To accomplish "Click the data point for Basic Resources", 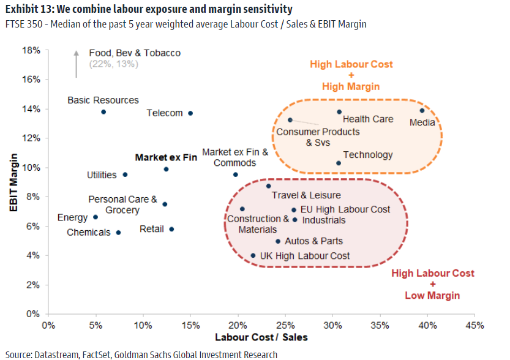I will (103, 112).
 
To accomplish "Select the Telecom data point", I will (190, 113).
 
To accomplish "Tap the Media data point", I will (422, 111).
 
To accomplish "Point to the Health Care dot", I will (339, 112).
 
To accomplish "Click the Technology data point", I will (339, 163).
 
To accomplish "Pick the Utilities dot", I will (125, 174).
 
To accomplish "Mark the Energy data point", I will (96, 217).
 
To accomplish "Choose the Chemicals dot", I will (118, 233).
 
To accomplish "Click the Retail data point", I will (171, 229).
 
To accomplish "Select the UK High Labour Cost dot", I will (253, 256).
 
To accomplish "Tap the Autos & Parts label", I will (313, 241).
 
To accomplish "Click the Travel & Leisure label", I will (306, 195).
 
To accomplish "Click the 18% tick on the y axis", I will (32, 50).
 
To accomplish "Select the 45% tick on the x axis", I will (474, 325).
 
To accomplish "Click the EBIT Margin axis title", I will (13, 182).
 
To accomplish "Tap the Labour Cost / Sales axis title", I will (261, 337).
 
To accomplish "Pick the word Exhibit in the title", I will (22, 9).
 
